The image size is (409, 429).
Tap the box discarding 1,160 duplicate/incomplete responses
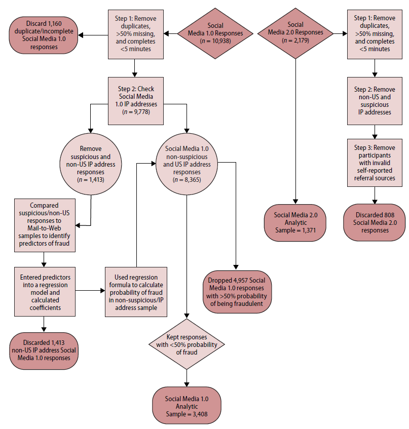(43, 34)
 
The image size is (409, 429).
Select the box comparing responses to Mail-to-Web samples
(45, 224)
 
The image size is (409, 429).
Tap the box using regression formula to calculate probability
(136, 291)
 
